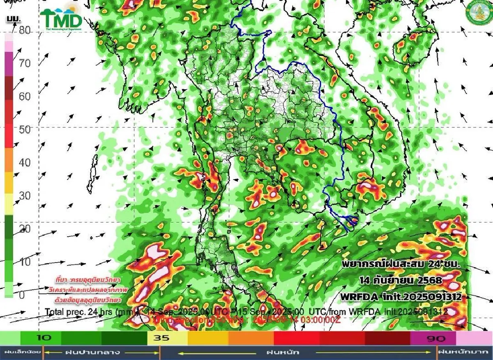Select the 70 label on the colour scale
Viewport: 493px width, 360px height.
tap(25, 63)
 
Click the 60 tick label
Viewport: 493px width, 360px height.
tap(25, 97)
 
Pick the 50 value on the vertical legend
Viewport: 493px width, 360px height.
tap(25, 130)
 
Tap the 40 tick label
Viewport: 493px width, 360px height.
tap(25, 163)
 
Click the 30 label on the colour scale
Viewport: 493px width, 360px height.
tap(25, 196)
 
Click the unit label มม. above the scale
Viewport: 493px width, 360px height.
tap(13, 19)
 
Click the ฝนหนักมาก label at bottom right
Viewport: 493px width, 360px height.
tap(465, 352)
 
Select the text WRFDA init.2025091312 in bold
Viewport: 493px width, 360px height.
tap(399, 296)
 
